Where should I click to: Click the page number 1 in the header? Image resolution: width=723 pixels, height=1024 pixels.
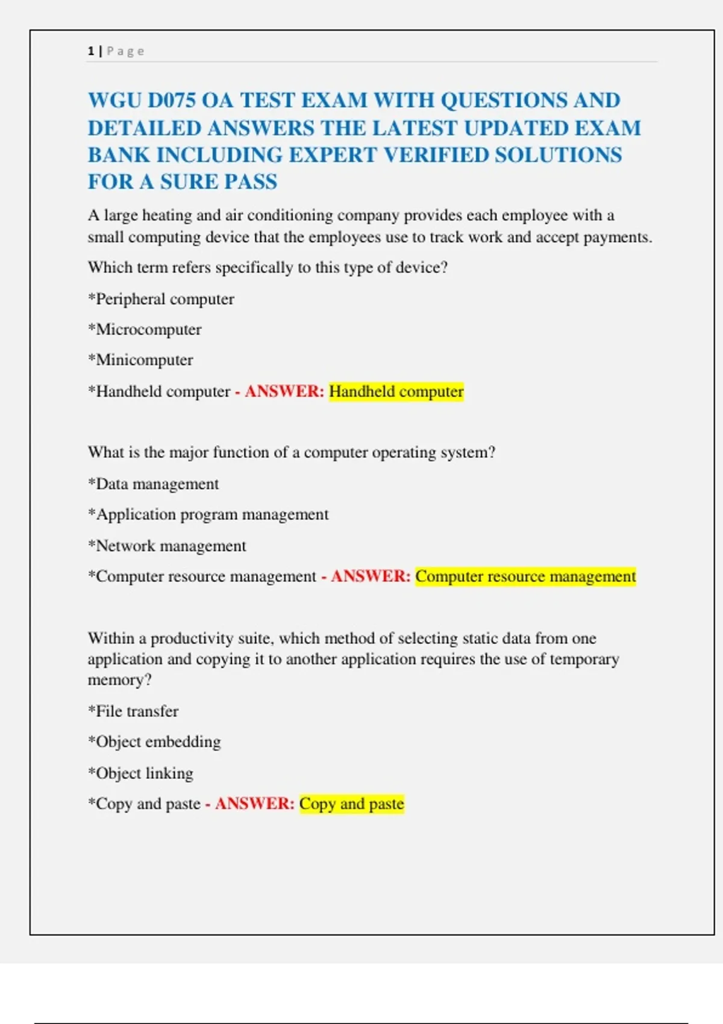tap(91, 51)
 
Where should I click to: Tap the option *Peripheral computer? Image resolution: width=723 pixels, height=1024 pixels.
tap(161, 299)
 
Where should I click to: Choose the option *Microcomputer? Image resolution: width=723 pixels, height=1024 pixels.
tap(145, 329)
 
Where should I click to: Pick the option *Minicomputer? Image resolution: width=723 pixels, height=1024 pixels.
tap(140, 360)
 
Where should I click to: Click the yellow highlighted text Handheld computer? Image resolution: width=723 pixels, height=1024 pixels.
tap(396, 392)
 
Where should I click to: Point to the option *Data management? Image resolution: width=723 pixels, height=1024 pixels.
tap(153, 484)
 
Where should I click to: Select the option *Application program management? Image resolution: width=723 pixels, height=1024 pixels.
tap(208, 514)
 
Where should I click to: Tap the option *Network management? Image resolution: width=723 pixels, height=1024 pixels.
tap(167, 546)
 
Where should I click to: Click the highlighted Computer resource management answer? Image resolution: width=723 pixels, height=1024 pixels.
tap(525, 576)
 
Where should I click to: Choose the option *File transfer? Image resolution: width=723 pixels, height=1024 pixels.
tap(133, 711)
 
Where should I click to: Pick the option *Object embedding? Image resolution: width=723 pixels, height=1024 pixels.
tap(154, 741)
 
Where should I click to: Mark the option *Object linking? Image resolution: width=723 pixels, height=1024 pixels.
tap(140, 773)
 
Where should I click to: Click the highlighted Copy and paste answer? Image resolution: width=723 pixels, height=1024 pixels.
tap(351, 804)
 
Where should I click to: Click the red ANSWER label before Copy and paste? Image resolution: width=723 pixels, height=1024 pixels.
tap(254, 804)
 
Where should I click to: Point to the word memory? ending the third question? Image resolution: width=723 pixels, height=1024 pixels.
tap(119, 680)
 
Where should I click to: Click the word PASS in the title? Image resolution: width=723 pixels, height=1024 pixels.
tap(248, 182)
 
